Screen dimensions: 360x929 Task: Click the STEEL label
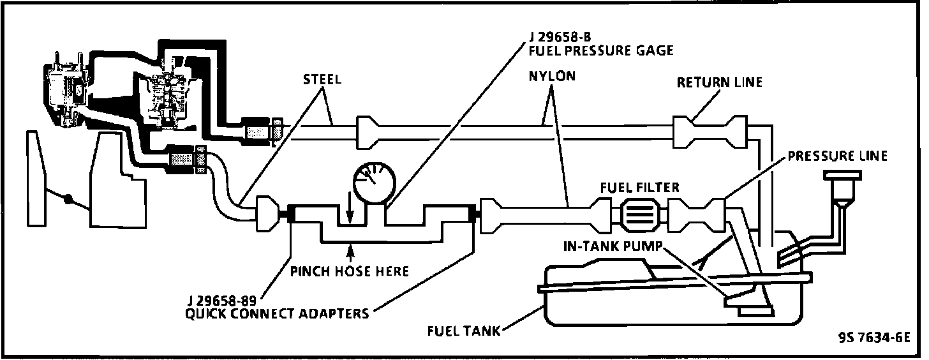coord(322,80)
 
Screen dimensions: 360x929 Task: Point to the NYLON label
coord(552,76)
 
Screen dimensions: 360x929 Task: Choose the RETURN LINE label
coord(720,82)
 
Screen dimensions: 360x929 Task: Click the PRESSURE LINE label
coord(837,157)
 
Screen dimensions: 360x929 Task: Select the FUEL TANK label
coord(463,331)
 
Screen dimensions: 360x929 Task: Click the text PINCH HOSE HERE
coord(350,271)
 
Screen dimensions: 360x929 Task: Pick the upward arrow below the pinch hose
coord(350,250)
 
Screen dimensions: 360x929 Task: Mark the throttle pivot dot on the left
coord(68,202)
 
